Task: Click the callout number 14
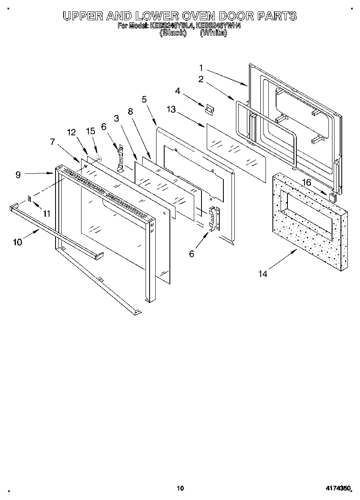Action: click(263, 274)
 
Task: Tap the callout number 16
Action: click(307, 182)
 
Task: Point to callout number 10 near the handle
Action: click(17, 242)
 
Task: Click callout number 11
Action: click(47, 213)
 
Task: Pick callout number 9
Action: click(18, 175)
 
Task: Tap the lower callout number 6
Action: click(191, 254)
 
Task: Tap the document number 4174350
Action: click(337, 489)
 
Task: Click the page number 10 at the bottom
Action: click(181, 488)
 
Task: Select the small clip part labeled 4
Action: click(210, 109)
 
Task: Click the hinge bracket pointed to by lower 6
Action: click(214, 219)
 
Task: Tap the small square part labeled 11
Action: click(30, 198)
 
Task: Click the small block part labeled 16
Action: click(333, 197)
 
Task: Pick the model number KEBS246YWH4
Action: click(218, 26)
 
